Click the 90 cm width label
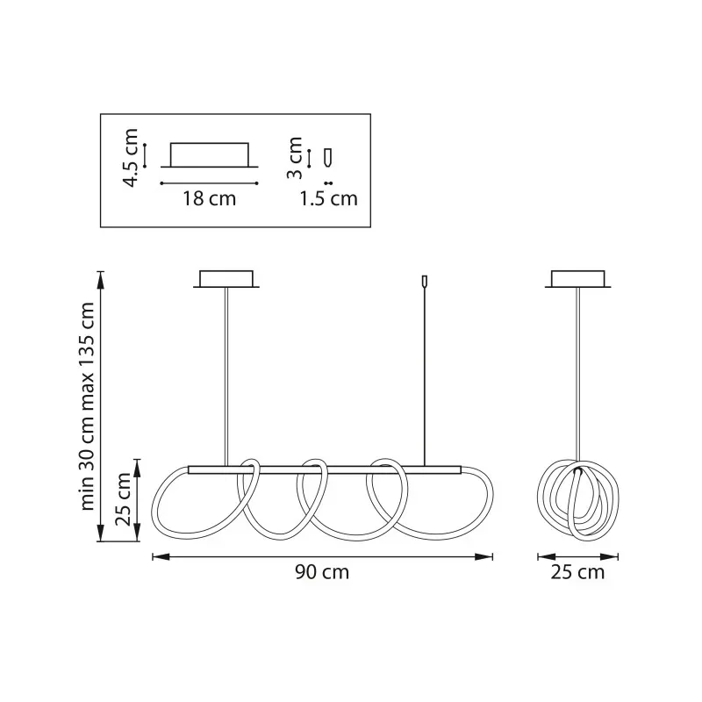coord(322,572)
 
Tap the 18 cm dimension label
coord(209,198)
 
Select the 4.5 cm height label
coord(131,157)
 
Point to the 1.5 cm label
coord(328,198)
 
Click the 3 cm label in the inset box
coord(295,158)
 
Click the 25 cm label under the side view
coord(577,572)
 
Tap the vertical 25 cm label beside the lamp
coord(123,498)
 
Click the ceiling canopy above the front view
coord(226,279)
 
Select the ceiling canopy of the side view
coord(578,279)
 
